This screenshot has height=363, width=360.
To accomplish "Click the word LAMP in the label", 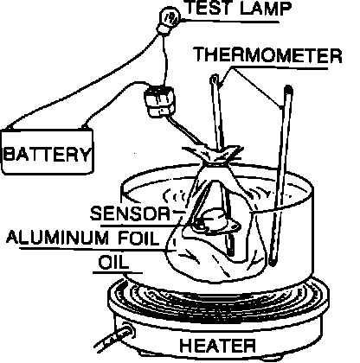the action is pyautogui.click(x=266, y=8).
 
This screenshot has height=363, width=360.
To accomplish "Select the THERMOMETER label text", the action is pyautogui.click(x=267, y=55).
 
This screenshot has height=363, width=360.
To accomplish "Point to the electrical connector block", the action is pyautogui.click(x=159, y=102).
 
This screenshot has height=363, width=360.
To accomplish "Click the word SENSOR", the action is pyautogui.click(x=130, y=213).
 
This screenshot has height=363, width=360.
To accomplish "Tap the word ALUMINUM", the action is pyautogui.click(x=57, y=238).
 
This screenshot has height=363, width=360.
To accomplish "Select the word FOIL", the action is pyautogui.click(x=139, y=238).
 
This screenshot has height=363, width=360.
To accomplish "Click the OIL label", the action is pyautogui.click(x=112, y=263).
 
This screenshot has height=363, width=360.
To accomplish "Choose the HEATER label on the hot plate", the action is pyautogui.click(x=217, y=345).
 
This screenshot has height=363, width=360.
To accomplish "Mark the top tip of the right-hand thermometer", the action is pyautogui.click(x=288, y=87).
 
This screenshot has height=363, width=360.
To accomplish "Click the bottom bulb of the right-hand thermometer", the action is pyautogui.click(x=273, y=262).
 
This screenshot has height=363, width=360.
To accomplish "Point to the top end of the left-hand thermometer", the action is pyautogui.click(x=215, y=78).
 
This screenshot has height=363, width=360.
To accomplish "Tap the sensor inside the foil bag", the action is pyautogui.click(x=215, y=220).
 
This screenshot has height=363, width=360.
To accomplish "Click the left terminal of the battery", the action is pyautogui.click(x=10, y=127).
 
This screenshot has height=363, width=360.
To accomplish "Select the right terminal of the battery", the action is pyautogui.click(x=84, y=126).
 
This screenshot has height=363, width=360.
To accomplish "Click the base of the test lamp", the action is pyautogui.click(x=163, y=29).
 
